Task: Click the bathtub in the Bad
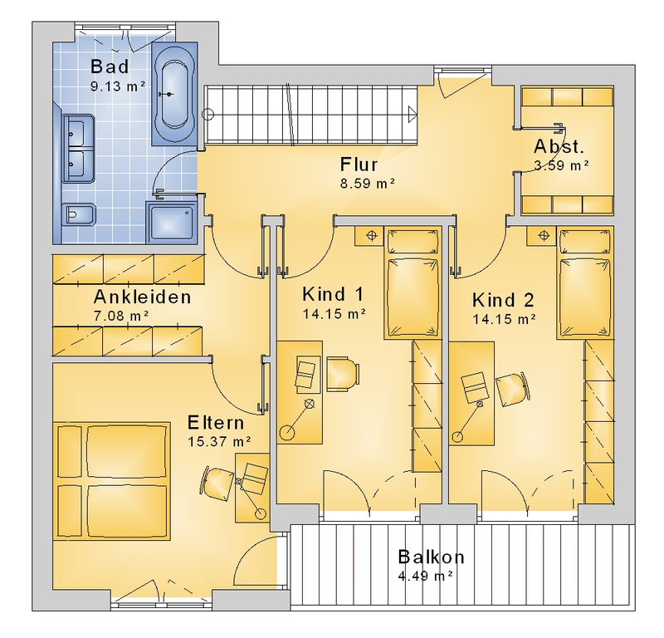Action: point(174,94)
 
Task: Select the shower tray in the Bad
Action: point(171,223)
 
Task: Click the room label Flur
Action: point(359,164)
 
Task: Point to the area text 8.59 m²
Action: point(368,184)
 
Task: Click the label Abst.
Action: point(559,146)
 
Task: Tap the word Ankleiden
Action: point(142,297)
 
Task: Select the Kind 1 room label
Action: point(333,294)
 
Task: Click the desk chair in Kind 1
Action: point(343,374)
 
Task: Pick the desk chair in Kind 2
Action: point(513,390)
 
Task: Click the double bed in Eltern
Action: point(111,481)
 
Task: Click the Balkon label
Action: point(431,557)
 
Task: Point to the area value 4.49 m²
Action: point(426,576)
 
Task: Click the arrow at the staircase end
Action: point(413,115)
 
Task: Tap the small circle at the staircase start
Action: point(208,114)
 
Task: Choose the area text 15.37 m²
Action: point(219,441)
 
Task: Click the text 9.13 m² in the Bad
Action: point(118,86)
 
